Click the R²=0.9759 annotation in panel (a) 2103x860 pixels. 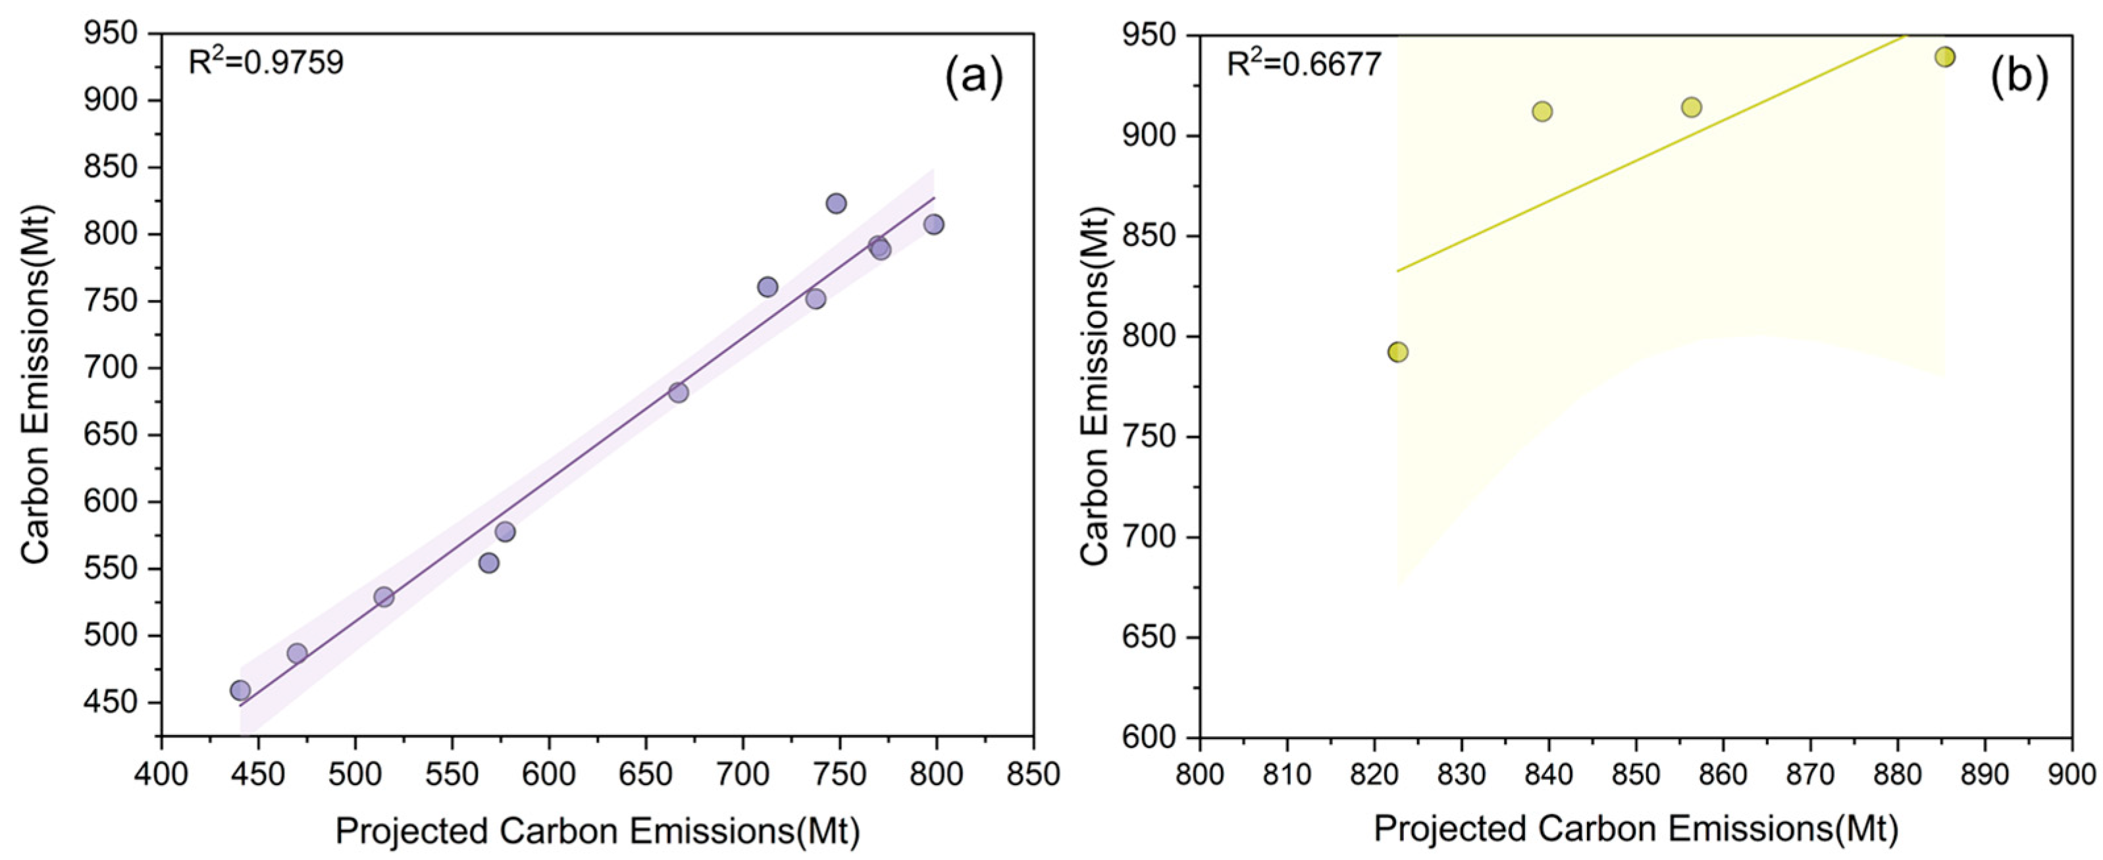(266, 62)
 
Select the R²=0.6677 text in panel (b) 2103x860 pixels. (1304, 64)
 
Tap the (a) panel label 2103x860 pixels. (973, 78)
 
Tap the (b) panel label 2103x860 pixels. (2019, 79)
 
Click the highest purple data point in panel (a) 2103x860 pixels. (836, 203)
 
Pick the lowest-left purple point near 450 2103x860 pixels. (240, 690)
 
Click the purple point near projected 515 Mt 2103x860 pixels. (384, 597)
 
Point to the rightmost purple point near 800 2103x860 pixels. (934, 224)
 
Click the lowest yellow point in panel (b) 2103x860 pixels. (1397, 351)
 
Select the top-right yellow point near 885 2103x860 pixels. (1944, 57)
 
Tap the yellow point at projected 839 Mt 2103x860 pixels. (1542, 111)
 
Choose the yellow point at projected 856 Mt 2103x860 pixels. (1692, 107)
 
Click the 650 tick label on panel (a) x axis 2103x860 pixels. (645, 774)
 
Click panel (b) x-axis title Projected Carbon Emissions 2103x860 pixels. (1636, 829)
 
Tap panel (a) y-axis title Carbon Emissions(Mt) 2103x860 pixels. (37, 384)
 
